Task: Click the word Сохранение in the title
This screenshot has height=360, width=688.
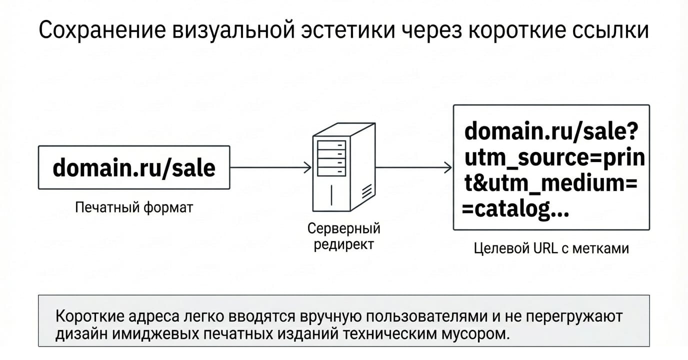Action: pyautogui.click(x=102, y=30)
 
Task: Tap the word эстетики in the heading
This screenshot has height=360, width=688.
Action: pyautogui.click(x=347, y=30)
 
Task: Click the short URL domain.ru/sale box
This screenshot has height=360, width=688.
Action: pyautogui.click(x=134, y=167)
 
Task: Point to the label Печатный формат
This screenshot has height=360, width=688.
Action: pyautogui.click(x=134, y=207)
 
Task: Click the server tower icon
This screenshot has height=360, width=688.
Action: pyautogui.click(x=344, y=167)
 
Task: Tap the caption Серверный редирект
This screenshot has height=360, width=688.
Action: pyautogui.click(x=343, y=236)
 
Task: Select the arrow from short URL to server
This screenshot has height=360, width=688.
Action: pyautogui.click(x=270, y=167)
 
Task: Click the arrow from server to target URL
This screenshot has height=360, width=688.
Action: pyautogui.click(x=414, y=167)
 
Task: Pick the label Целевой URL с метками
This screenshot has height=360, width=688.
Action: pyautogui.click(x=551, y=248)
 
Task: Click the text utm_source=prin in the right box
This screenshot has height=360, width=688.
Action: pyautogui.click(x=554, y=157)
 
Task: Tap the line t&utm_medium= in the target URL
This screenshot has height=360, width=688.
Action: pyautogui.click(x=550, y=183)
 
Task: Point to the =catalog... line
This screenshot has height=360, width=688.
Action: pyautogui.click(x=515, y=209)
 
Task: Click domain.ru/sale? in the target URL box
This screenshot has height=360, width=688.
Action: pyautogui.click(x=551, y=131)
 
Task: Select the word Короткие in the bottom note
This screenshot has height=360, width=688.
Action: pyautogui.click(x=90, y=316)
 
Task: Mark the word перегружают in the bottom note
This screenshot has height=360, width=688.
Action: pyautogui.click(x=574, y=317)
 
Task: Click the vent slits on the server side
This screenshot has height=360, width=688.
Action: pyautogui.click(x=367, y=191)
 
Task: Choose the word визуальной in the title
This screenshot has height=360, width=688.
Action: pyautogui.click(x=233, y=30)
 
